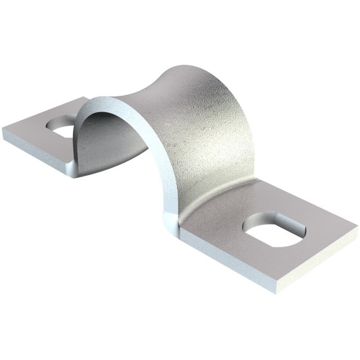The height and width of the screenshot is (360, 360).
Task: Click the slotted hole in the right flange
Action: coord(274,230)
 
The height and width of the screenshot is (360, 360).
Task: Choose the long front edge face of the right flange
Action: coord(225,256)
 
